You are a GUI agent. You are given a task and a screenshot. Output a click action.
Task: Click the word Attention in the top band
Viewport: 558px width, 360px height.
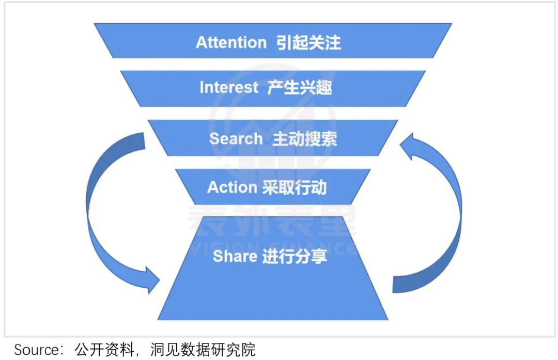tap(231, 42)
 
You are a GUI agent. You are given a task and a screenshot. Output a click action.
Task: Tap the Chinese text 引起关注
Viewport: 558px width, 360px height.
tap(308, 42)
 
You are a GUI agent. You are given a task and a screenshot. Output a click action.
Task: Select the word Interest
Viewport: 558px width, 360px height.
tap(229, 87)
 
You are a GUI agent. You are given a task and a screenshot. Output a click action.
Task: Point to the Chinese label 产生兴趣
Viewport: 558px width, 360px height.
tap(300, 87)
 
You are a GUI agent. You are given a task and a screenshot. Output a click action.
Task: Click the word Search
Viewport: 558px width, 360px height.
tap(236, 138)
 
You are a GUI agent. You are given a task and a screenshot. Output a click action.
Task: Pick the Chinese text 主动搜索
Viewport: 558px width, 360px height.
tap(305, 138)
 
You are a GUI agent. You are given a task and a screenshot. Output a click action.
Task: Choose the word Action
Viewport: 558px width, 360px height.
tap(232, 187)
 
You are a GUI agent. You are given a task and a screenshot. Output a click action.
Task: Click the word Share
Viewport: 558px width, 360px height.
tap(235, 256)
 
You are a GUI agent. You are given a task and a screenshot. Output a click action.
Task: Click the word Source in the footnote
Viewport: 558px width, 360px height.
tap(36, 350)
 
